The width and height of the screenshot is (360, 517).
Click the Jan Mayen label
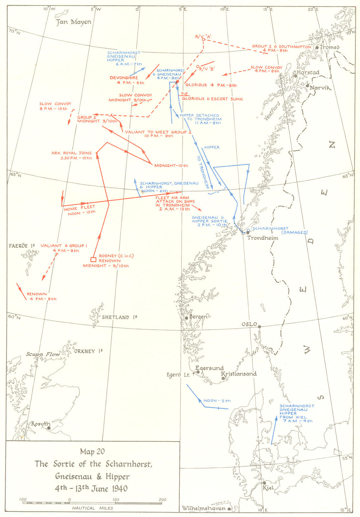pos(74,22)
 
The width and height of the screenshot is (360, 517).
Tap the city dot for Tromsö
pos(317,47)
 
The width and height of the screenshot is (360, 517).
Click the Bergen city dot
pos(186,318)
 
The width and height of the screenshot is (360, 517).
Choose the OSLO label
pos(249,324)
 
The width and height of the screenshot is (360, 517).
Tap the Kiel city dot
pos(264,483)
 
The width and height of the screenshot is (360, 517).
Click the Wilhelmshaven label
pos(203,508)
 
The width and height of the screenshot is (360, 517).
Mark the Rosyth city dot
pos(49,428)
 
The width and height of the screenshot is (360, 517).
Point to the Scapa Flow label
pos(43,354)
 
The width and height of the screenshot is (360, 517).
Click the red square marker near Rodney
pos(93,259)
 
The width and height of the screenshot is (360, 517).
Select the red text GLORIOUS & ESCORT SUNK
pos(212,99)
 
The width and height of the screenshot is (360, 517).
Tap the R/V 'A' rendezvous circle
pos(204,40)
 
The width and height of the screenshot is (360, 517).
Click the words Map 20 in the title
pos(92,451)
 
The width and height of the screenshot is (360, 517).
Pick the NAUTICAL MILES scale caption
pos(92,508)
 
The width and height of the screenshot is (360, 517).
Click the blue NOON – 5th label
pos(217,401)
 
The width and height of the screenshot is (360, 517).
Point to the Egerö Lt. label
pos(178,375)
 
